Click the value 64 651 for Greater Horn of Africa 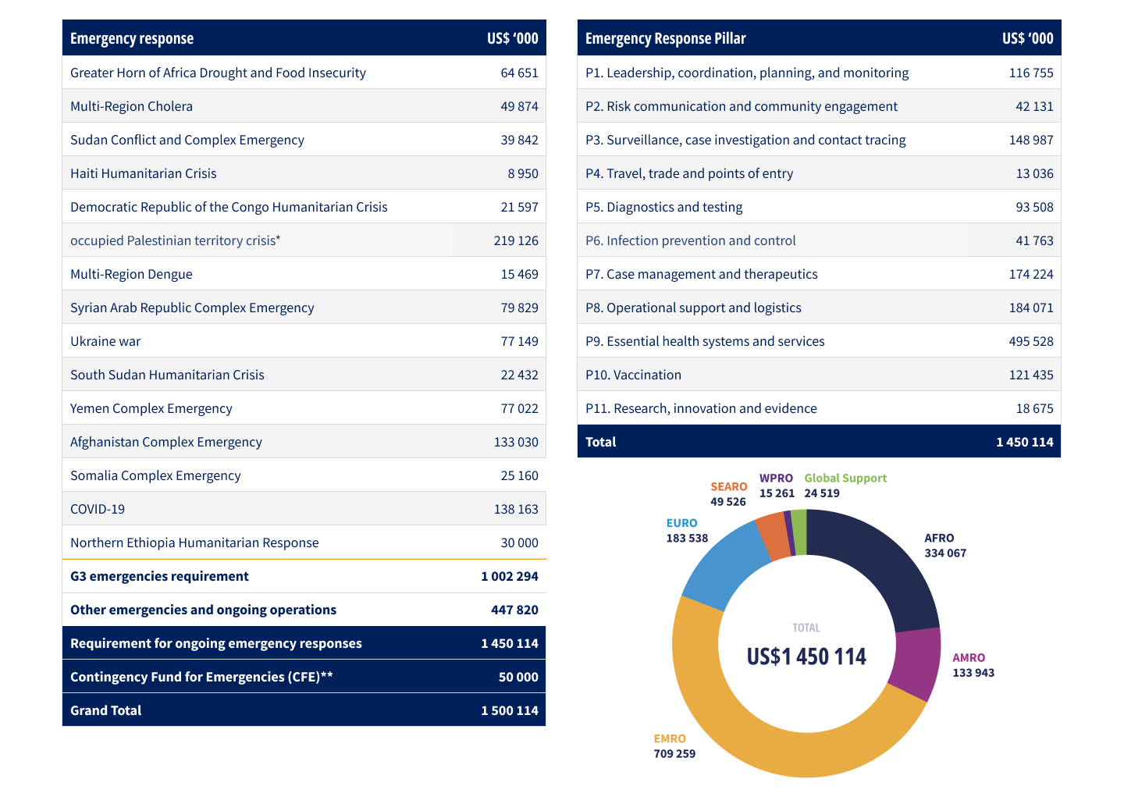pyautogui.click(x=519, y=73)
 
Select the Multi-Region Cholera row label pyautogui.click(x=131, y=106)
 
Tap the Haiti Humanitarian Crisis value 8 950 pyautogui.click(x=523, y=173)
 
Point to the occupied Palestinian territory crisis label pyautogui.click(x=175, y=240)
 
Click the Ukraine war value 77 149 pyautogui.click(x=519, y=341)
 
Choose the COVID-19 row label pyautogui.click(x=98, y=509)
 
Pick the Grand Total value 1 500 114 pyautogui.click(x=510, y=710)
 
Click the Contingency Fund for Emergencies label pyautogui.click(x=201, y=677)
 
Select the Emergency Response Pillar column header pyautogui.click(x=666, y=38)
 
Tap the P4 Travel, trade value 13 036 pyautogui.click(x=1034, y=173)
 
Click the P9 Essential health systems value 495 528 pyautogui.click(x=1031, y=341)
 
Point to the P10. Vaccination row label pyautogui.click(x=633, y=375)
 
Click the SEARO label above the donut pyautogui.click(x=728, y=486)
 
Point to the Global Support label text pyautogui.click(x=845, y=478)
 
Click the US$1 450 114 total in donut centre pyautogui.click(x=806, y=656)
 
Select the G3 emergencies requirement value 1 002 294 pyautogui.click(x=510, y=576)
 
